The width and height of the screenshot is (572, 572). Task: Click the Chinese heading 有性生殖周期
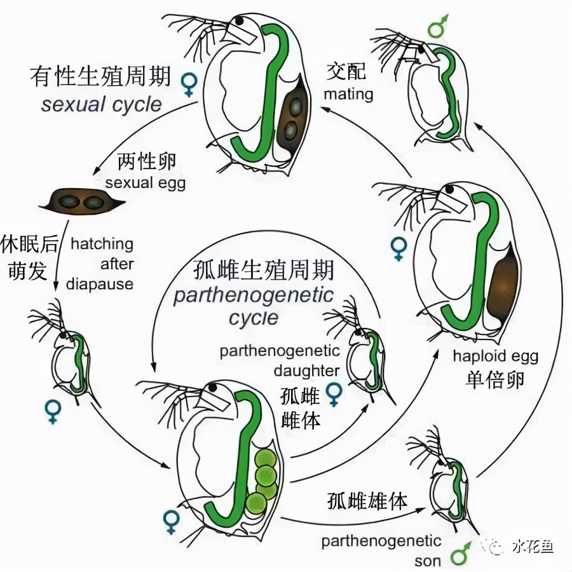tap(100, 78)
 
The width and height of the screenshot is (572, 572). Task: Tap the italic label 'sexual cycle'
tap(102, 104)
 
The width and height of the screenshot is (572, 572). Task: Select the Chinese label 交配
tap(346, 71)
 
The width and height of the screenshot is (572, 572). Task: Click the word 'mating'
tap(348, 95)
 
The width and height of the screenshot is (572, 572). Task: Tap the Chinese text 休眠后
tap(28, 244)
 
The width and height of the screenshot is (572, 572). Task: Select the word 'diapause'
tap(99, 283)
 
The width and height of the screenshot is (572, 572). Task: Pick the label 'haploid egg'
tap(495, 355)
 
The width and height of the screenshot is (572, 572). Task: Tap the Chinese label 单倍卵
tap(493, 379)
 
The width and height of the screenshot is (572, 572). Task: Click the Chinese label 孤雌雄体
tap(367, 501)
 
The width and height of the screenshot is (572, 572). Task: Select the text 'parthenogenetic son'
tap(381, 550)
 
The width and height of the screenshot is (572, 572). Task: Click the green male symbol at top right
tap(438, 26)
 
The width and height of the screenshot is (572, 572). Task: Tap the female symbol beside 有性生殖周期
tap(189, 84)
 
